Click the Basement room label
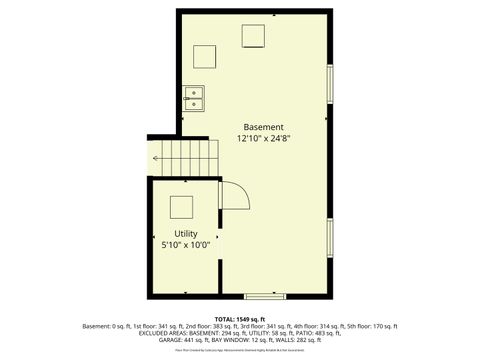tap(263, 127)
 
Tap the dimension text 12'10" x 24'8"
tap(263, 140)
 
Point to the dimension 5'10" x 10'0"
tap(186, 244)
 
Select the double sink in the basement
tap(193, 98)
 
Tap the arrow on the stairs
tap(157, 158)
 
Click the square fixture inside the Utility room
tap(181, 207)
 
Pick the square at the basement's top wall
tap(253, 36)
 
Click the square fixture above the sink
tap(204, 56)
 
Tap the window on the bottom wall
tap(265, 295)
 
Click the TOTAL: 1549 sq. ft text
tap(240, 318)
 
